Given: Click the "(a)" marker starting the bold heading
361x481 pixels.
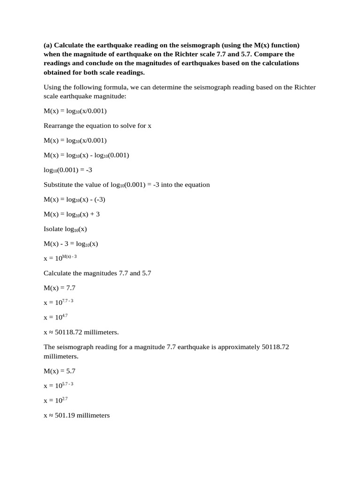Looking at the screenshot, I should [x=48, y=45].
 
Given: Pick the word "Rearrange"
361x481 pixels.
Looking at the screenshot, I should [x=60, y=126].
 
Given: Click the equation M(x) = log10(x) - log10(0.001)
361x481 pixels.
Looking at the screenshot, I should [x=86, y=155].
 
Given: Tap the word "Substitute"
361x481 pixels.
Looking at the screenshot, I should [x=60, y=185].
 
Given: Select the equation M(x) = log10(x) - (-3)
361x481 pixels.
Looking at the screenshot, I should [x=74, y=199].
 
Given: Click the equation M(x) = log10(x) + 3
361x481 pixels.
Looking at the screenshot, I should [x=71, y=214].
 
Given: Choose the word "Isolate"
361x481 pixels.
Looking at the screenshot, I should [x=55, y=229].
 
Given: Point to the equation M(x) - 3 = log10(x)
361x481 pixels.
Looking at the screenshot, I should [x=71, y=244].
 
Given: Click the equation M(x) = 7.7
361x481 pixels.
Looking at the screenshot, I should [x=60, y=288].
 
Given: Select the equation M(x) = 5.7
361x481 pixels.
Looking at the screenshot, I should [x=60, y=371].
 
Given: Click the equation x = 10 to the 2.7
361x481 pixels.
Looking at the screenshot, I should [x=53, y=400].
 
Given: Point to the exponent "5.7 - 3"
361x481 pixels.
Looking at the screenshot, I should [x=68, y=383].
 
